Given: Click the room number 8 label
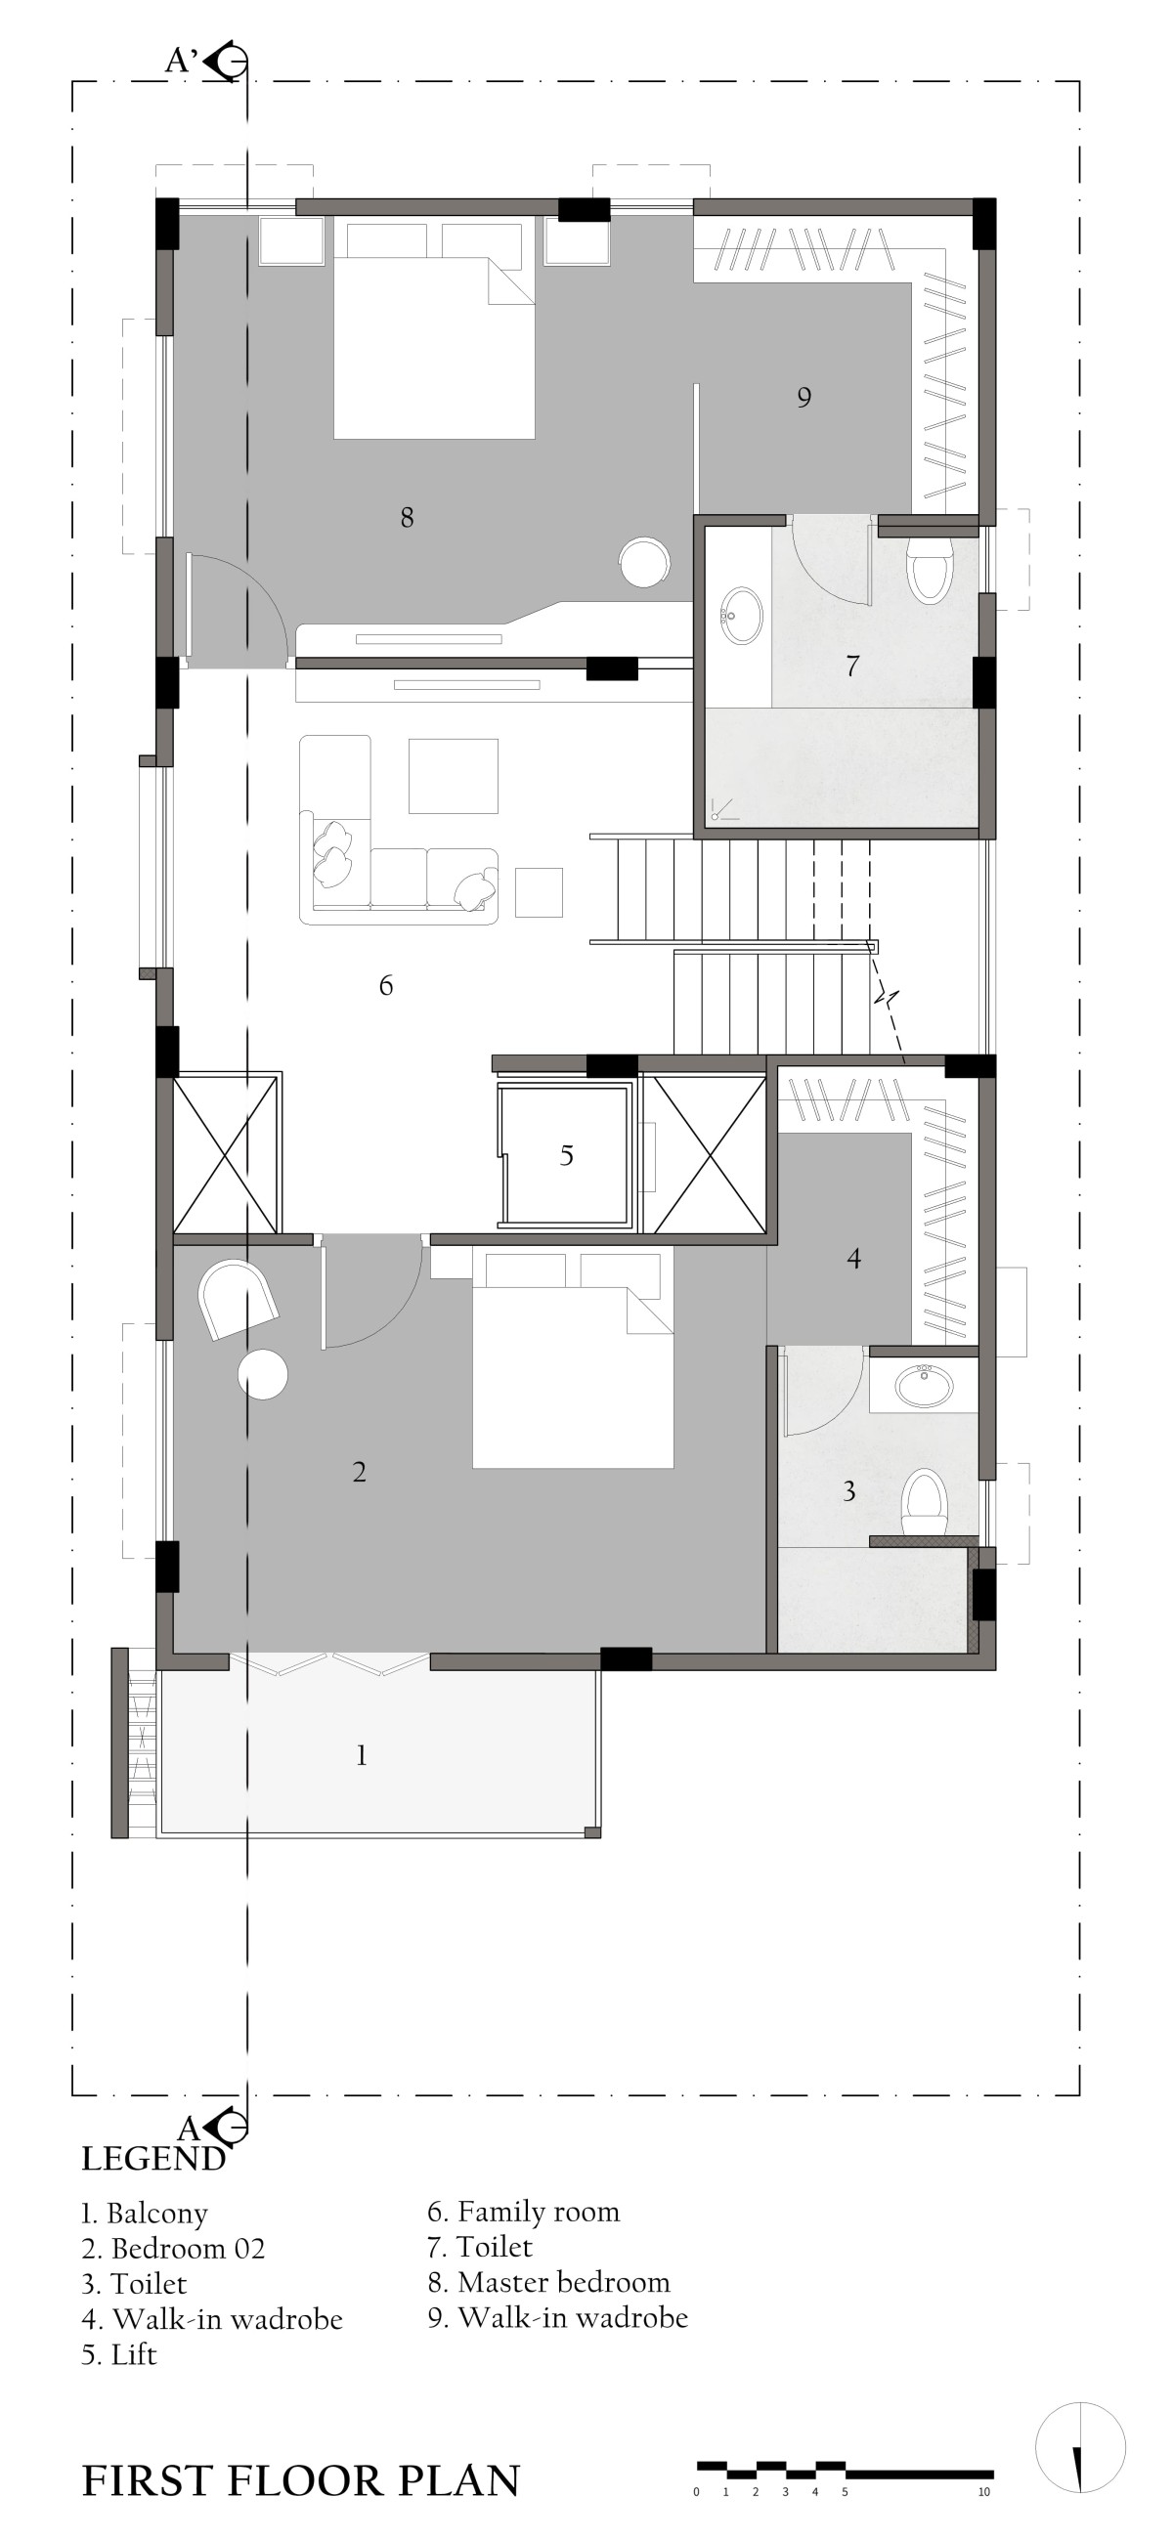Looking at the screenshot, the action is point(407,516).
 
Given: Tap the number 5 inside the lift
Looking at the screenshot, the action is point(567,1155).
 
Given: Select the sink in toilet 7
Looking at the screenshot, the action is point(741,616).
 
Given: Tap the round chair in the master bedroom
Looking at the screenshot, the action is point(646,562).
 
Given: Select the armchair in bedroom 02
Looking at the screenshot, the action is point(238,1299).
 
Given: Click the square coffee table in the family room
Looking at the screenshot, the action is point(454,776).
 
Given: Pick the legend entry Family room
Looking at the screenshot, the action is point(523,2213).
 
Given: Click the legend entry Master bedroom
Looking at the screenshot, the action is point(549,2283).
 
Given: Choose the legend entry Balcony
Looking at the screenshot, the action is point(144,2214).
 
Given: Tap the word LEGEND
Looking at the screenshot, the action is point(152,2161).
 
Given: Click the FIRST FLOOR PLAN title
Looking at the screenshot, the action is point(301,2480).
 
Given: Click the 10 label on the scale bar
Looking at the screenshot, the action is point(983,2493).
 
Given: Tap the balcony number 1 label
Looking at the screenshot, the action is point(362,1755).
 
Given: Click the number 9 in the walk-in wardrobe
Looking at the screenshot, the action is point(804,397).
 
